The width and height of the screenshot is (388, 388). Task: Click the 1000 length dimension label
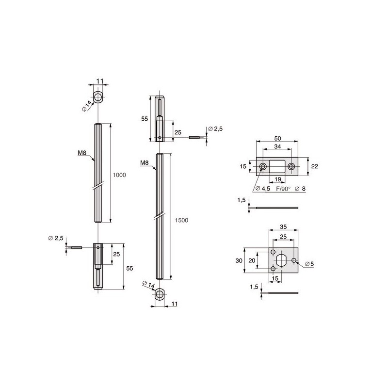tap(119, 175)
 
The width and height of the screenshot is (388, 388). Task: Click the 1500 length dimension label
tap(181, 220)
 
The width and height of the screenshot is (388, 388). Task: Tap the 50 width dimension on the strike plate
tap(277, 138)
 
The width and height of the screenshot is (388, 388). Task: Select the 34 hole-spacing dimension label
tap(277, 146)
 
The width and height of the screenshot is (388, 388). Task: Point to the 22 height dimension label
tap(314, 166)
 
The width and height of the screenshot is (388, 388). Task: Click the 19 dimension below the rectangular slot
tap(277, 179)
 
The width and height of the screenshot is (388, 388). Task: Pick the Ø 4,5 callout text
tap(262, 189)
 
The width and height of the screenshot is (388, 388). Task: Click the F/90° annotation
tap(284, 189)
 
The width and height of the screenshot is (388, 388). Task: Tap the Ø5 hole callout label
tap(309, 264)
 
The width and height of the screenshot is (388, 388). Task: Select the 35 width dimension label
tap(283, 226)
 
